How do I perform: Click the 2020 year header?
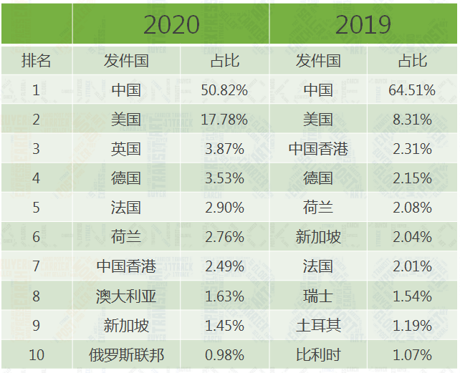pyautogui.click(x=171, y=24)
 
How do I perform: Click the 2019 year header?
pyautogui.click(x=363, y=24)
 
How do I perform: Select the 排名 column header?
pyautogui.click(x=36, y=61)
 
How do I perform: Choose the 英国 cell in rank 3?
pyautogui.click(x=126, y=149)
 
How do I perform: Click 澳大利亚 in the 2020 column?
pyautogui.click(x=126, y=296)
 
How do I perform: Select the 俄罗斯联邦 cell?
pyautogui.click(x=126, y=354)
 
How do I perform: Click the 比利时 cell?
pyautogui.click(x=318, y=354)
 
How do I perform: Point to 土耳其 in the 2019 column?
pyautogui.click(x=318, y=325)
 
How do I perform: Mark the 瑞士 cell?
pyautogui.click(x=318, y=296)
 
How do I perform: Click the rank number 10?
pyautogui.click(x=36, y=354)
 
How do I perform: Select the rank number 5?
pyautogui.click(x=36, y=208)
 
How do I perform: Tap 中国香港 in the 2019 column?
pyautogui.click(x=318, y=149)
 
